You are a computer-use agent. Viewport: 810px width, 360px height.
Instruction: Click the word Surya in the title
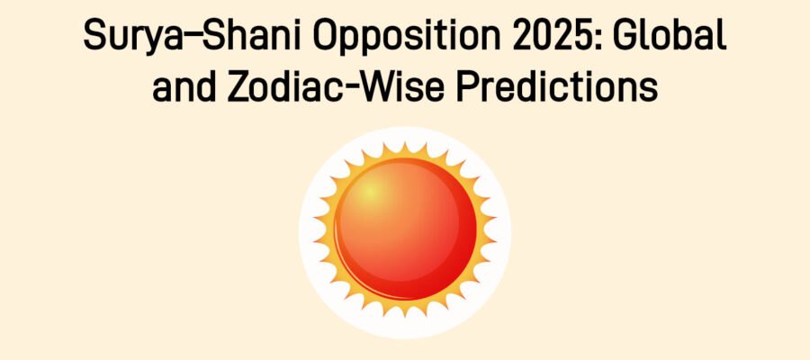(x=129, y=37)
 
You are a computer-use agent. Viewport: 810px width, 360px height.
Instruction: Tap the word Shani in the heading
(x=238, y=37)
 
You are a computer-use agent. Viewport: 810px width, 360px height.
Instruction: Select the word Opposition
(x=388, y=39)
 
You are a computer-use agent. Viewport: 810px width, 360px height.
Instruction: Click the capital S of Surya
(x=94, y=37)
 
